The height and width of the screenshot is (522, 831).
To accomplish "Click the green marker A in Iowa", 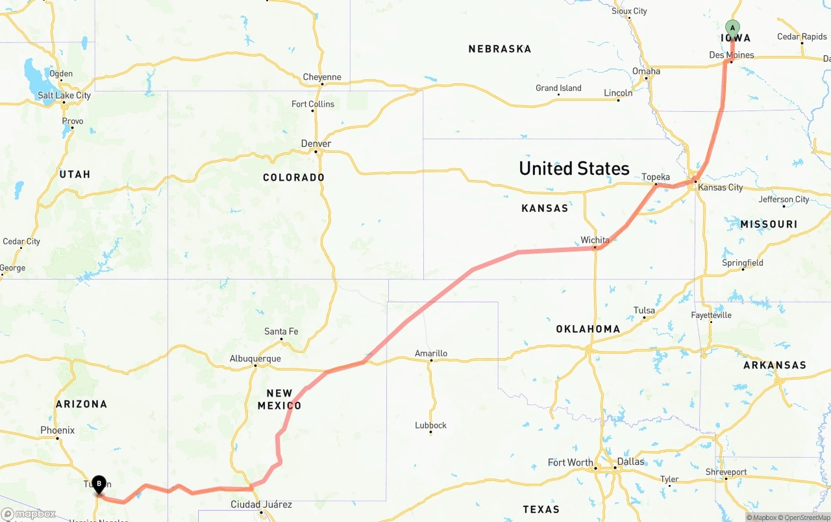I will tap(732, 29).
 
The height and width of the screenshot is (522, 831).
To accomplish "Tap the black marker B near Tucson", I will tap(99, 484).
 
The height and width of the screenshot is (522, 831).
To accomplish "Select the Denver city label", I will tap(316, 144).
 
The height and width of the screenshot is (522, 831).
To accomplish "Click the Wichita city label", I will tap(595, 240).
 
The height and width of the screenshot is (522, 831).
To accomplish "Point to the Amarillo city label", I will tap(431, 354).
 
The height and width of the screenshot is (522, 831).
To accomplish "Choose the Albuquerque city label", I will tap(255, 359).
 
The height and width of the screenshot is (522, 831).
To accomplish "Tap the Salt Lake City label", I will tap(64, 96).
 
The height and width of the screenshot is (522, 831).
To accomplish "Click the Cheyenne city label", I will tap(322, 77).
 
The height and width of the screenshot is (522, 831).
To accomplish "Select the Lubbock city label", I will tap(431, 425).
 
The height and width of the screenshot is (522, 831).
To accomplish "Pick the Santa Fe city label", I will tap(281, 332).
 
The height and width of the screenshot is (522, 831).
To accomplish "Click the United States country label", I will tap(574, 168).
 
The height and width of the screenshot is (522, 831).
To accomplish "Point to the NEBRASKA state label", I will tap(500, 49).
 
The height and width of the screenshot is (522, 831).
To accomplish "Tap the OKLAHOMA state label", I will tap(588, 329).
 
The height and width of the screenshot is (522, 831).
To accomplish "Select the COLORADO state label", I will tap(293, 177).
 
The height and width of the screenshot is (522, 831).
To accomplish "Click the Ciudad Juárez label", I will tap(261, 504).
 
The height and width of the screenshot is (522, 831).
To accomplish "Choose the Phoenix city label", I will tap(58, 430).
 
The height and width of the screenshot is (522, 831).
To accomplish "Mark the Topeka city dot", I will tap(656, 184).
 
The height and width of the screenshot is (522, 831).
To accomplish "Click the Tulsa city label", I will tap(644, 310).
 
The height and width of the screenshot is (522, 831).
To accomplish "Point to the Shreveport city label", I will tap(726, 472).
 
